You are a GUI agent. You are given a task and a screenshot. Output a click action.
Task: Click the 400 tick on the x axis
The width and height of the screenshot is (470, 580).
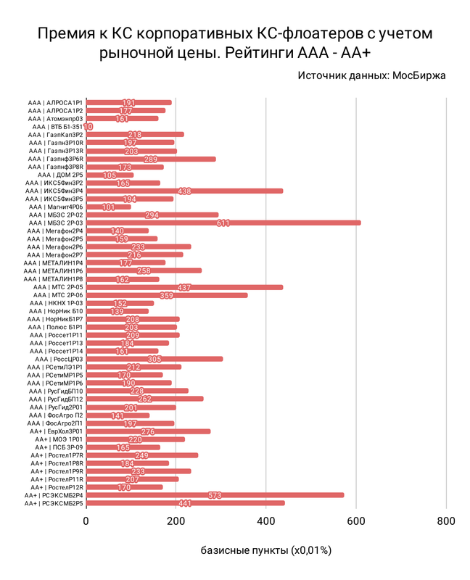pos(265,520)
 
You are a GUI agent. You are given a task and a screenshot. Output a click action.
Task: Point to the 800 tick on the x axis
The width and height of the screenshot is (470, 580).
pos(445,520)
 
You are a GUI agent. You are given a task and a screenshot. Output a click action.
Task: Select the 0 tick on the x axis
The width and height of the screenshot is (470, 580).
pos(86,520)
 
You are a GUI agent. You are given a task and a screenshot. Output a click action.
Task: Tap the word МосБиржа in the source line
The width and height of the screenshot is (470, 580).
pos(419,75)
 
